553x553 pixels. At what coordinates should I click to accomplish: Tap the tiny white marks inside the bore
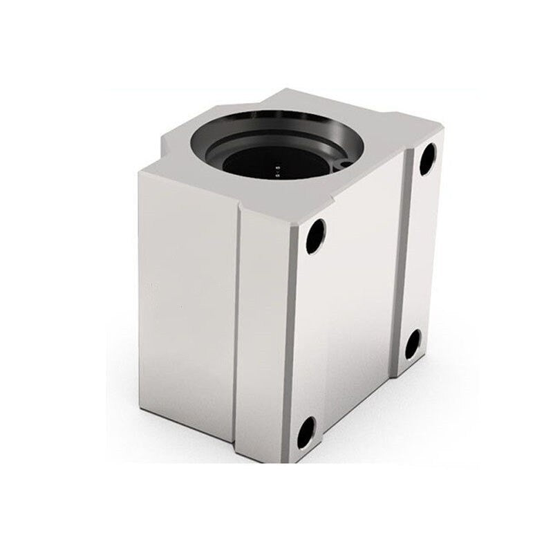(x=279, y=165)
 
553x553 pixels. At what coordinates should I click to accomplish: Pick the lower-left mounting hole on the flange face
(x=305, y=432)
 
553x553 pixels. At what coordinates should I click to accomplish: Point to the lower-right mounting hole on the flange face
(x=412, y=344)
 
